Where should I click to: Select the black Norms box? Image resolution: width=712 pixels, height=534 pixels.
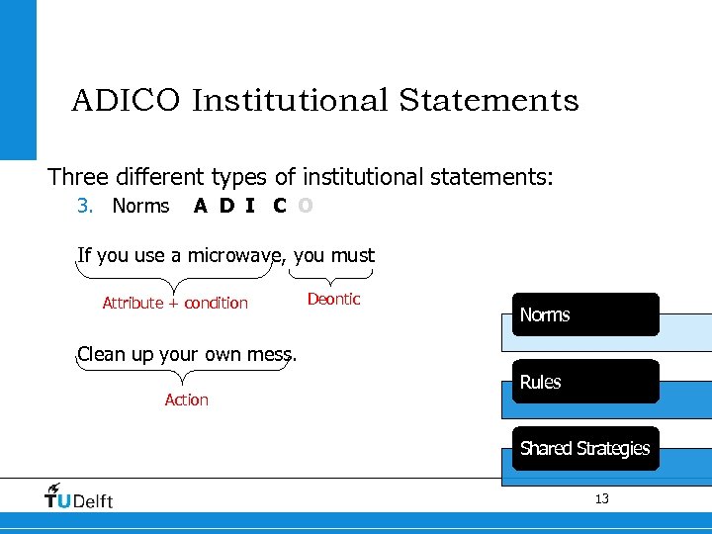point(584,314)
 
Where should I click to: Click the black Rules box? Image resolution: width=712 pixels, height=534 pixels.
point(584,382)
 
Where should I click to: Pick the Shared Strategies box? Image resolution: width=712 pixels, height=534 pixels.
point(584,448)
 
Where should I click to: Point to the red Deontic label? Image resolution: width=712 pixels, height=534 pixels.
point(333,299)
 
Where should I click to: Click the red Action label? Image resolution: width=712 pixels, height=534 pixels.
point(186,400)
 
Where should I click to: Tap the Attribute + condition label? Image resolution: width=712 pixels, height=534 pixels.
point(175,303)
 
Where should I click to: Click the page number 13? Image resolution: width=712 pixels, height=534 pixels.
point(601,498)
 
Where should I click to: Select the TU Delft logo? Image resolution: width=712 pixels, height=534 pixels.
point(79,496)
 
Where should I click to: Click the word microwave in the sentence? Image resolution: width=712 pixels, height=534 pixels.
point(235,255)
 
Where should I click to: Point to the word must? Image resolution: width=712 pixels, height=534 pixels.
point(353,255)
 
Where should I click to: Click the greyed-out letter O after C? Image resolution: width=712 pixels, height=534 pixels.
point(306,206)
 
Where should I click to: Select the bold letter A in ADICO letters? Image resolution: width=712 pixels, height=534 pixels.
point(201,206)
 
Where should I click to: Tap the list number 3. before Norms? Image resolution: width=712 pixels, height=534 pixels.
point(85,206)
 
